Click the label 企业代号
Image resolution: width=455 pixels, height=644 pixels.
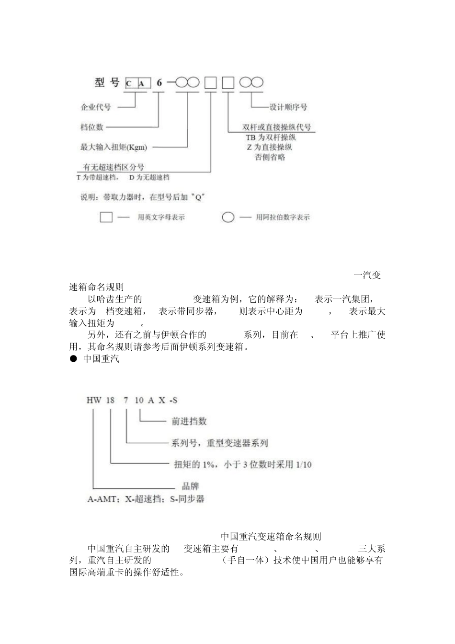(x=95, y=107)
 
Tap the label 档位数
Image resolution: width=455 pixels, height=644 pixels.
(x=91, y=127)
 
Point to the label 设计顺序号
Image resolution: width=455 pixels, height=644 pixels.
(x=288, y=107)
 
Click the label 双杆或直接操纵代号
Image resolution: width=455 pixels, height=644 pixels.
(x=277, y=127)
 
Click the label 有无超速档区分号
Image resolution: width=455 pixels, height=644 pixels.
(x=113, y=167)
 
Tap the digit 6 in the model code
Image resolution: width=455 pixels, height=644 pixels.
(x=159, y=83)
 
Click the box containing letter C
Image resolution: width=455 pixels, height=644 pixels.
(x=130, y=83)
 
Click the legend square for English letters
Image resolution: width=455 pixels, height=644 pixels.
(x=106, y=217)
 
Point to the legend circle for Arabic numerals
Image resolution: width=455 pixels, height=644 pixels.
(x=228, y=217)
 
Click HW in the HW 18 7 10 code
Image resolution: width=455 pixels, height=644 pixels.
(x=94, y=400)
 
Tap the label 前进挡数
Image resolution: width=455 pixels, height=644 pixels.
(x=189, y=421)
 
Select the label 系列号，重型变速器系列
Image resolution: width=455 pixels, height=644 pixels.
(x=219, y=443)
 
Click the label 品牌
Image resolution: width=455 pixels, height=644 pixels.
(x=191, y=486)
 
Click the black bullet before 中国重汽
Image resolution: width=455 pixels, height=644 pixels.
(x=74, y=358)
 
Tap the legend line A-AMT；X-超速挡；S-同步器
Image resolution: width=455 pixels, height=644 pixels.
(x=146, y=499)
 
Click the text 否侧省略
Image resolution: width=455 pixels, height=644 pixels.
(x=270, y=157)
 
